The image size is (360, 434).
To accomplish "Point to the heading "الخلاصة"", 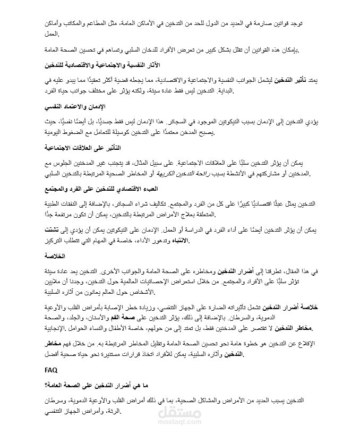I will [307, 256].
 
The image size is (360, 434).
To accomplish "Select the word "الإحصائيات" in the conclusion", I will [169, 282].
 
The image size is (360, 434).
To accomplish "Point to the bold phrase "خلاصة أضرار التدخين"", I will [290, 307].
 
